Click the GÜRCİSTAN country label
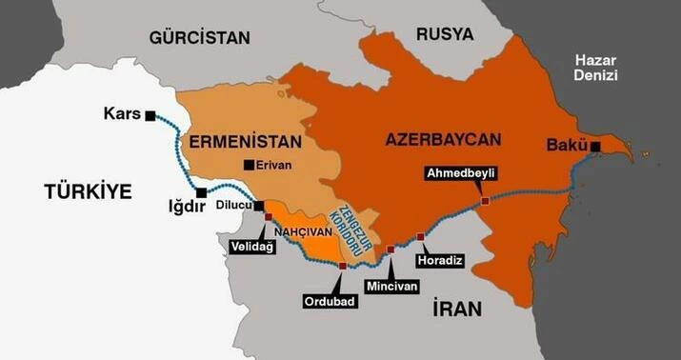click(x=199, y=38)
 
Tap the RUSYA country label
click(x=444, y=34)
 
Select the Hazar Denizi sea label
click(x=596, y=68)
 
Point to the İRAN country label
click(x=457, y=309)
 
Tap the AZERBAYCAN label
click(x=443, y=139)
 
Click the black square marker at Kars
click(x=150, y=115)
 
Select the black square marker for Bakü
click(x=595, y=146)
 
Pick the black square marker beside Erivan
click(x=249, y=165)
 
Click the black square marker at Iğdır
click(x=201, y=193)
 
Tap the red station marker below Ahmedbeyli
click(x=485, y=201)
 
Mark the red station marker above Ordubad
click(x=342, y=266)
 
